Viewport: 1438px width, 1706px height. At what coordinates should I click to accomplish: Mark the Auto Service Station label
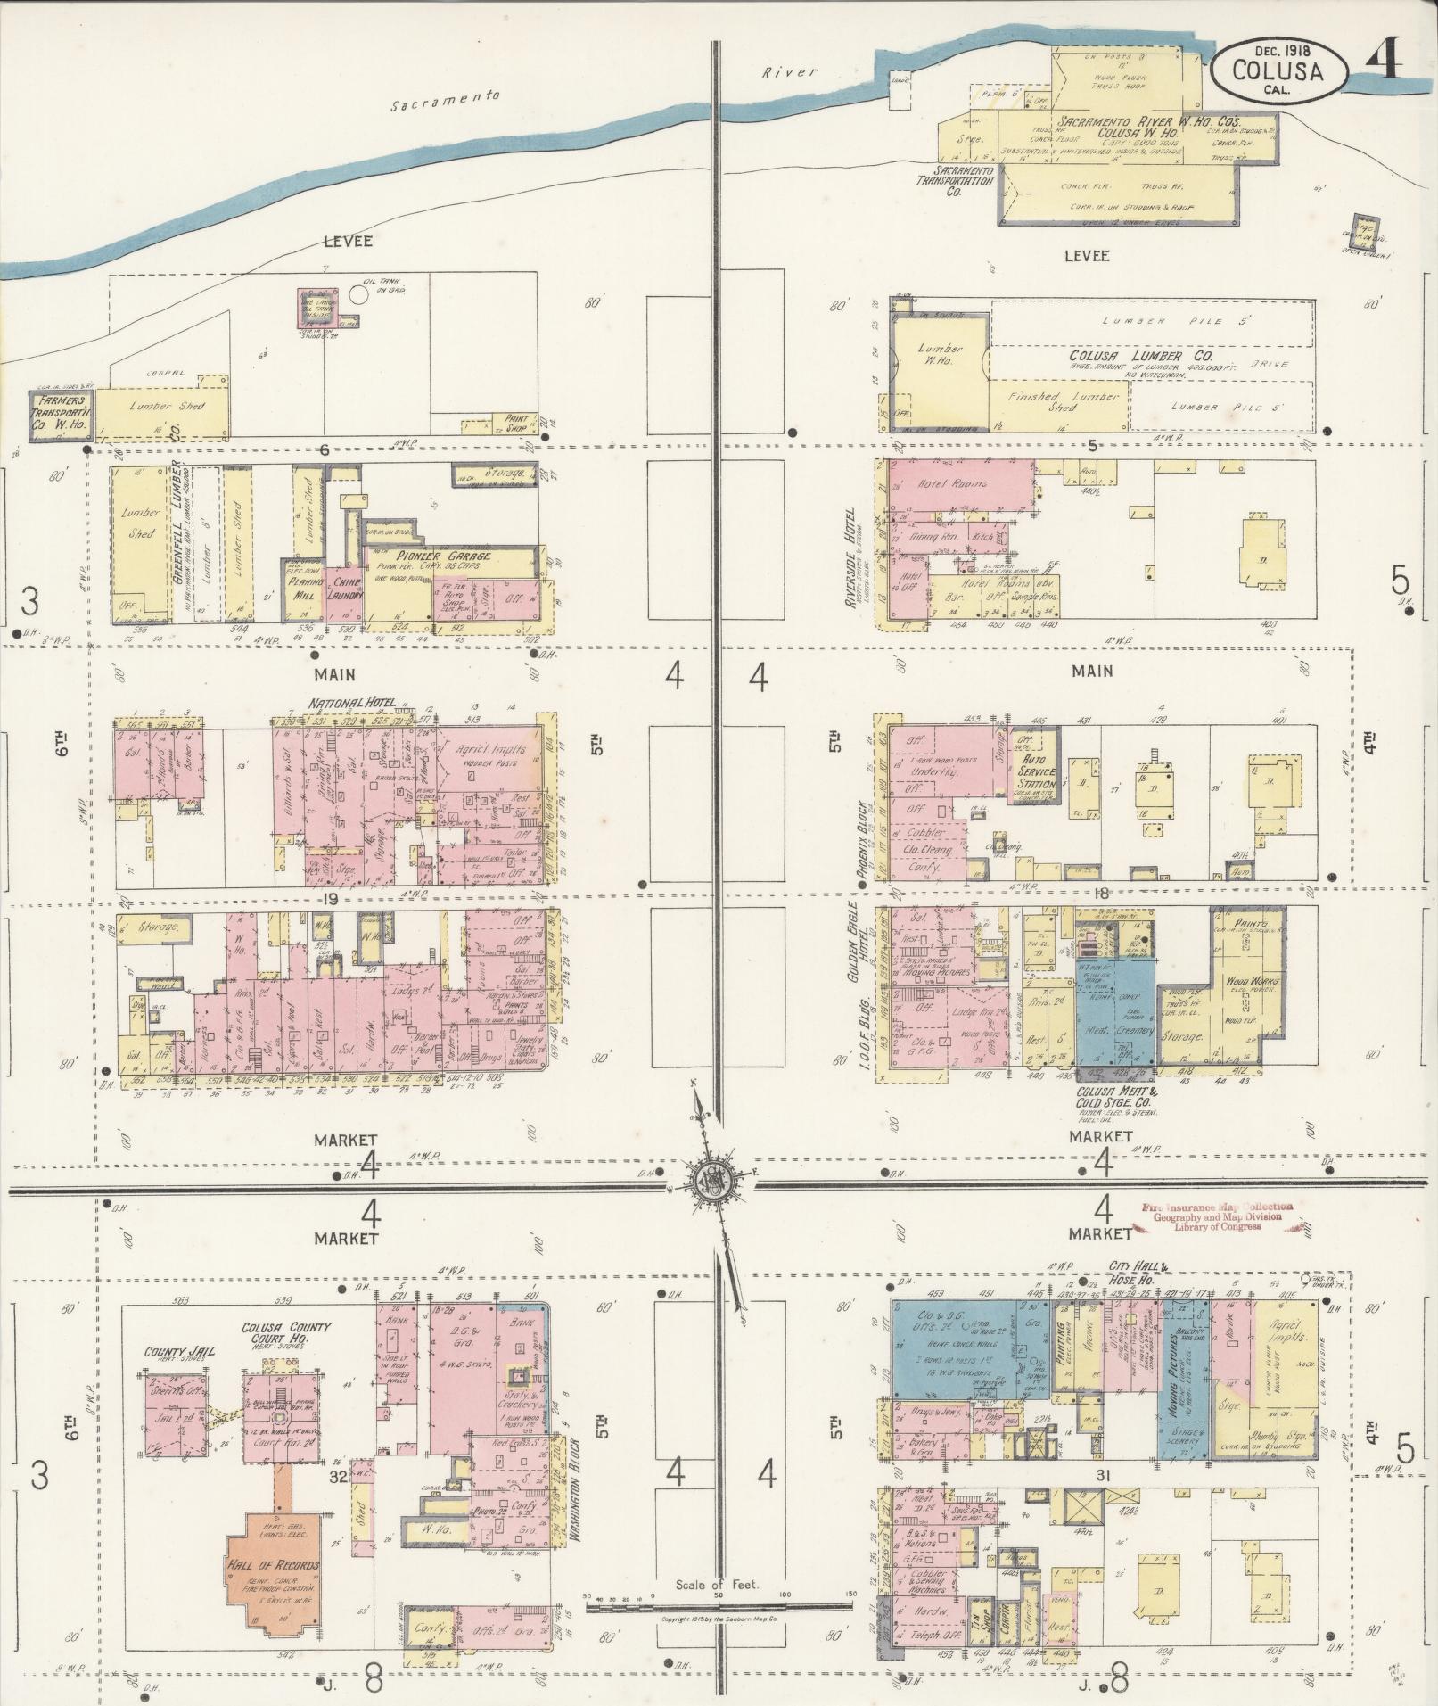point(1037,772)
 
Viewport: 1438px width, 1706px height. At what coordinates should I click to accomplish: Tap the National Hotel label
point(352,703)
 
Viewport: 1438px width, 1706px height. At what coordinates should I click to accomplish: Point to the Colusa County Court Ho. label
point(286,1333)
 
